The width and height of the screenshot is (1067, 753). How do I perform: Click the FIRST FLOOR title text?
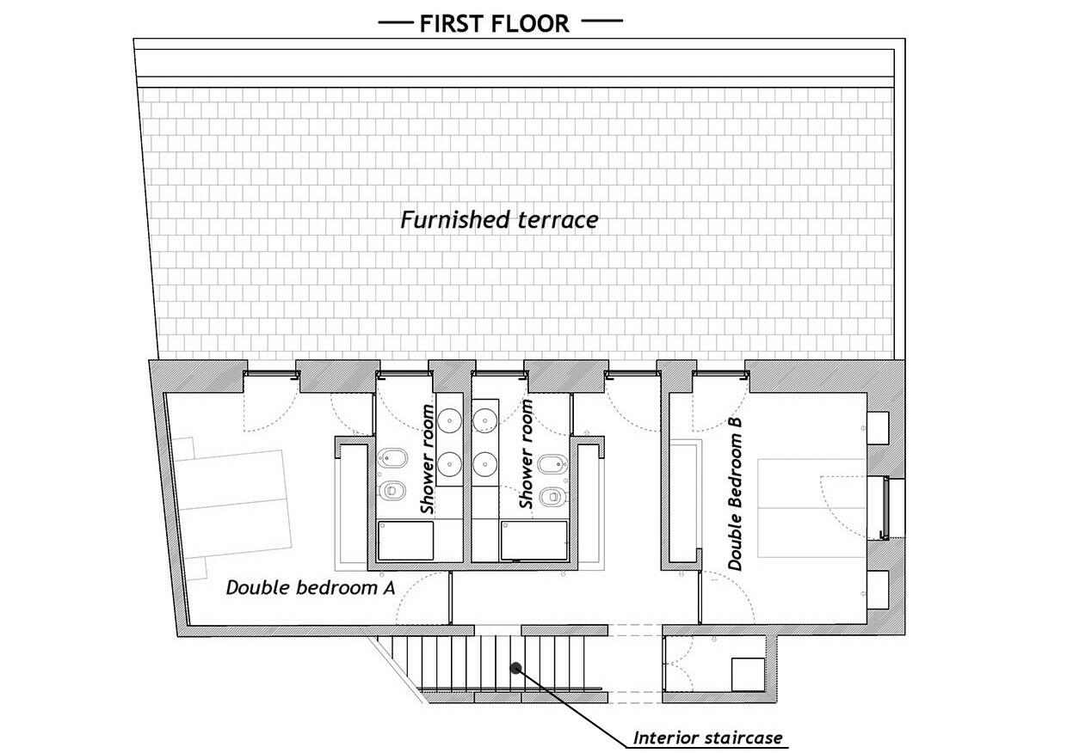(x=494, y=24)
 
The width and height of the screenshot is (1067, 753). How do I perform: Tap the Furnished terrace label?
(x=499, y=220)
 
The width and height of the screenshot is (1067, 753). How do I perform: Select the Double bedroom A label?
(x=311, y=588)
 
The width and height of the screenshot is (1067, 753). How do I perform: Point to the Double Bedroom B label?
(x=735, y=493)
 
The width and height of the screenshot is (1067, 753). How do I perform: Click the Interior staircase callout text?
(x=707, y=738)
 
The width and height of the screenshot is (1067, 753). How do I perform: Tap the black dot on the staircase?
(x=515, y=668)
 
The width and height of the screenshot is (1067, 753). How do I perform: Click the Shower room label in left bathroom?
(x=428, y=459)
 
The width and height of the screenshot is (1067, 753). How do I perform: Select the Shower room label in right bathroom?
(x=526, y=454)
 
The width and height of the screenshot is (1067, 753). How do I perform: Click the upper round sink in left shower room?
(x=449, y=420)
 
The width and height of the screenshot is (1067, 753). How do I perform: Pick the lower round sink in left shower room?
(x=449, y=464)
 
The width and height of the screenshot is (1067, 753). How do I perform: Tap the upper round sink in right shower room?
(x=485, y=420)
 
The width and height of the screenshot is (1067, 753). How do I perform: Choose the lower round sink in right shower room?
(x=485, y=463)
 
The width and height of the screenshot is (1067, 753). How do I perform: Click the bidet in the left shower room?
(x=392, y=459)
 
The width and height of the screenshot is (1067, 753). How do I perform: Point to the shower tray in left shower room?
(x=405, y=541)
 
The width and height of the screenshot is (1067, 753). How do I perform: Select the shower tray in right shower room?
(x=534, y=541)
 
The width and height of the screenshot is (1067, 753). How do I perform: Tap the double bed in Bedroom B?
(x=811, y=508)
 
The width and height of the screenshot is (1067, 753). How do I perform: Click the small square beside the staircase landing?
(x=749, y=675)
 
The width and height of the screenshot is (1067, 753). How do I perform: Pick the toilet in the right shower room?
(x=553, y=497)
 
